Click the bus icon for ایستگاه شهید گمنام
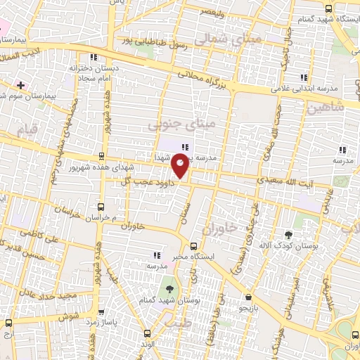coord(328,8)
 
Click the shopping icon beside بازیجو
coord(247,297)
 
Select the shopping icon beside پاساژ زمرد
coord(99,310)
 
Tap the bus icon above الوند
coord(147,333)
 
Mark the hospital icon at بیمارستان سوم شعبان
coord(20,85)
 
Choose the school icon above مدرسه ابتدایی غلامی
coord(304,77)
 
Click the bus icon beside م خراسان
coord(101,207)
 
